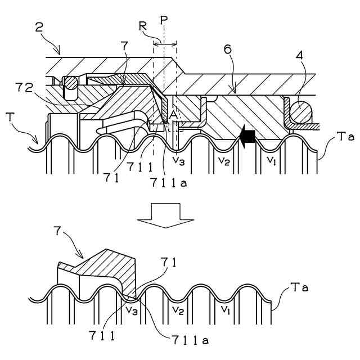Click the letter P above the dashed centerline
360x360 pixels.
[164, 20]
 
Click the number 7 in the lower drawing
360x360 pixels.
[57, 231]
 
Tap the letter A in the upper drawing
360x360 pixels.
[173, 115]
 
